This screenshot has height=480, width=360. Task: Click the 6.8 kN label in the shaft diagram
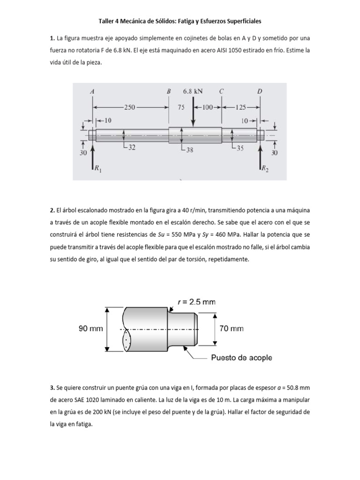193,91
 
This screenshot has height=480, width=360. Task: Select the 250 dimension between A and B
129,107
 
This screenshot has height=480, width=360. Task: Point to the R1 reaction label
97,168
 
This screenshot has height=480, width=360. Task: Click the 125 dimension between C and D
240,107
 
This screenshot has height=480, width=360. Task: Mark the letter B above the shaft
169,91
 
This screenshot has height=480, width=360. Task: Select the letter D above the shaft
260,91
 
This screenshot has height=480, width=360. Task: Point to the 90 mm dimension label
90,329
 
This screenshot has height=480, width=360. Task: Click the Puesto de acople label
241,358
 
